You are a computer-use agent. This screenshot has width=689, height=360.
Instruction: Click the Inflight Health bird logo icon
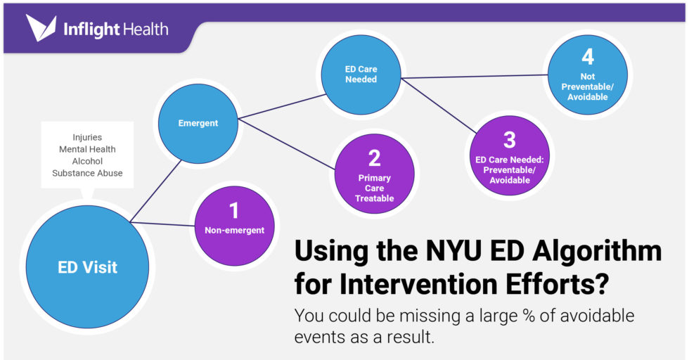tap(41, 29)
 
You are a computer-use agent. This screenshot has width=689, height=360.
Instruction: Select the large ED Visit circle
tap(87, 267)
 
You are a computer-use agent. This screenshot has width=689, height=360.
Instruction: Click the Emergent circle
tap(198, 123)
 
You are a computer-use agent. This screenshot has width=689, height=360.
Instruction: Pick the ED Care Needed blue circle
tap(361, 75)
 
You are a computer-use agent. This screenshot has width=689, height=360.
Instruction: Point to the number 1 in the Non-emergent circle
tap(234, 210)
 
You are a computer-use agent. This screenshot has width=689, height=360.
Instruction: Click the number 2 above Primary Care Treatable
tap(374, 157)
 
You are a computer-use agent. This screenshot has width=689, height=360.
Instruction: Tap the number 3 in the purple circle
tap(509, 139)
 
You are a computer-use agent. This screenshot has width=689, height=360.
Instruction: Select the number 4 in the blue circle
tap(587, 57)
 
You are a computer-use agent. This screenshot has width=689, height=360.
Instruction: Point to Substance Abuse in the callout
tap(87, 173)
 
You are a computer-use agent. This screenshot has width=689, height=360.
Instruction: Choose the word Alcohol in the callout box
tap(87, 161)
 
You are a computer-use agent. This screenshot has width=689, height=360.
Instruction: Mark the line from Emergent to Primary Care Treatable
tap(288, 144)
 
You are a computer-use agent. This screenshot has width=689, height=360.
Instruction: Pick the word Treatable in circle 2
tap(374, 198)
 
